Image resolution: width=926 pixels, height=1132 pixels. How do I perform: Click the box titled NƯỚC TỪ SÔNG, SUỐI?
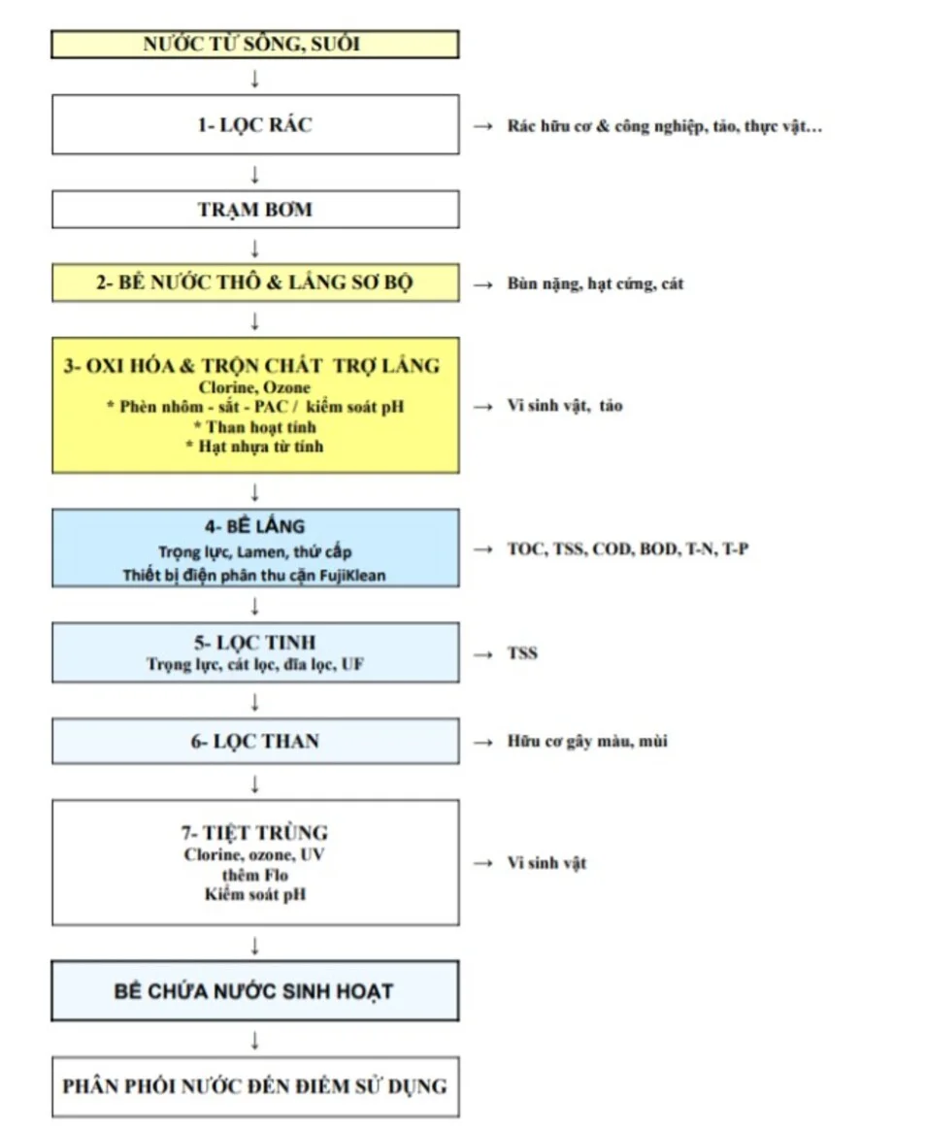pos(254,45)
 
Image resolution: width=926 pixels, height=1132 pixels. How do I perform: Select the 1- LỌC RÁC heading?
pos(254,125)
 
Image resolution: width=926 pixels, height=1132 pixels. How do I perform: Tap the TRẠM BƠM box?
pos(254,210)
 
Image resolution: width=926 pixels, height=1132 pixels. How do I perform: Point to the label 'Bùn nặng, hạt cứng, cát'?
pos(595,284)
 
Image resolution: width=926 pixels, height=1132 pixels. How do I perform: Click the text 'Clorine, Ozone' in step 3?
pos(254,387)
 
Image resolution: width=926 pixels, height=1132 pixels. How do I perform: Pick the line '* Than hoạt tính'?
pos(254,427)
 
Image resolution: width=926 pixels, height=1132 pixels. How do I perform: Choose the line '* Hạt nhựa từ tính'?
pos(254,447)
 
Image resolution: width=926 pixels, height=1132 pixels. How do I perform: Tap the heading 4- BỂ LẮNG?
pos(254,527)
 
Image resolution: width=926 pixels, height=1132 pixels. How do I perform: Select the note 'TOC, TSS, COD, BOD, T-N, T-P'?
pos(627,549)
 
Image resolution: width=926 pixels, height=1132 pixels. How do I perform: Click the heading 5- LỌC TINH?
pos(254,643)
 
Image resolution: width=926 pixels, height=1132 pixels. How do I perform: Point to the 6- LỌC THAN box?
pos(254,742)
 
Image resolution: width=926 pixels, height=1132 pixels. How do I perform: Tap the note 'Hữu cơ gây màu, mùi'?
pos(586,742)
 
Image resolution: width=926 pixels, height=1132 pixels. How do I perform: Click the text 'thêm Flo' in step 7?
pos(254,875)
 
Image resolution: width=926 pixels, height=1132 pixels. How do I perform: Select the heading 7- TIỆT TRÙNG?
pos(254,833)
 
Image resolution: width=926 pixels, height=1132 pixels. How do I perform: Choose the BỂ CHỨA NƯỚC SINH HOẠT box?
pos(254,991)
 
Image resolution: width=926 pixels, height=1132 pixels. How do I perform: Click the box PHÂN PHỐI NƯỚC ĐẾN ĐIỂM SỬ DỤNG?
pos(254,1084)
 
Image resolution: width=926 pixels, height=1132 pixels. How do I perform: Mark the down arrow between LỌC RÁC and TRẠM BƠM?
pos(254,173)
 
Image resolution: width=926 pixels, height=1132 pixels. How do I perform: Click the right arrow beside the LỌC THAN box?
pos(482,743)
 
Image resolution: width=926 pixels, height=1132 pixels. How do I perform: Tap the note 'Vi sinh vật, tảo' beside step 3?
pos(564,406)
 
